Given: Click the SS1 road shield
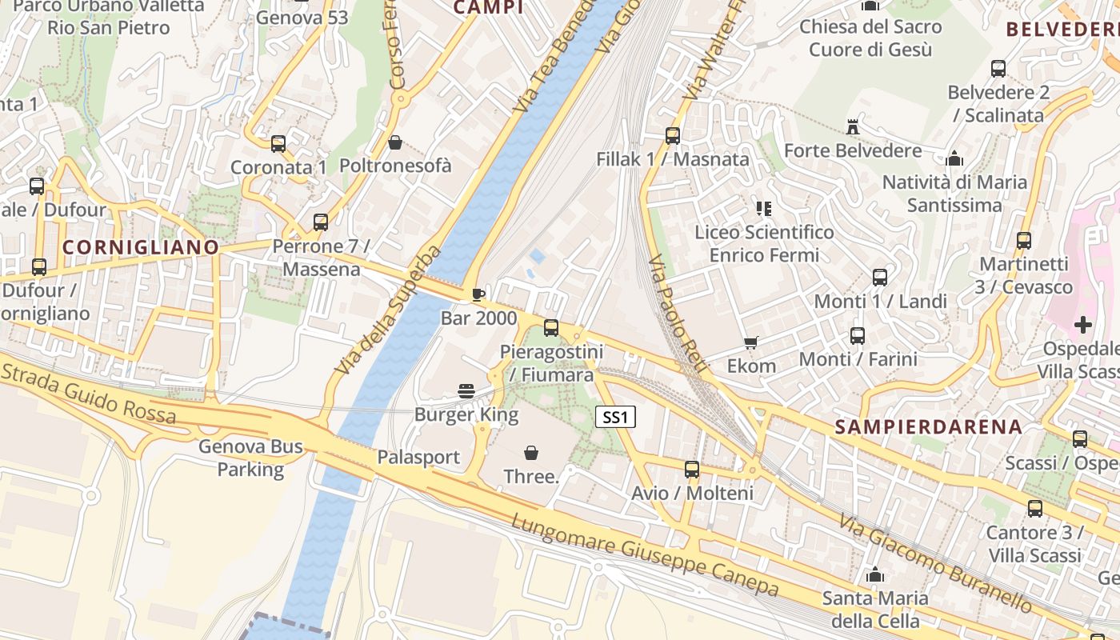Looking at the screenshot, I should [615, 417].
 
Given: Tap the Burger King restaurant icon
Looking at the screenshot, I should [466, 390].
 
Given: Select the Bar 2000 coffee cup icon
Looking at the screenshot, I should [478, 294].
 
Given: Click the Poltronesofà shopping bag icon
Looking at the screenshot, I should [394, 143].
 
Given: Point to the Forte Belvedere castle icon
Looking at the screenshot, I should [852, 127].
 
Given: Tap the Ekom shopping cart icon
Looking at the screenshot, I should [750, 343].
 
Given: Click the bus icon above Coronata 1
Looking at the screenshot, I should [278, 144].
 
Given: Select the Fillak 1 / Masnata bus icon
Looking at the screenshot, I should [672, 136].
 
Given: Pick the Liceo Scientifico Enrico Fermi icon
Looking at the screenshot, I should [764, 209].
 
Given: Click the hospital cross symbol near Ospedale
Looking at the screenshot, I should [1082, 325].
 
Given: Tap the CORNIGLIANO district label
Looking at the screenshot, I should [141, 247].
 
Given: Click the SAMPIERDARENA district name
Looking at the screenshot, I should [929, 426].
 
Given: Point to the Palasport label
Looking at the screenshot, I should [418, 458].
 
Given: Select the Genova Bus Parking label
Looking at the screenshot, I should [250, 458].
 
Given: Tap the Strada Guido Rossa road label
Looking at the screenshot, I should [88, 393].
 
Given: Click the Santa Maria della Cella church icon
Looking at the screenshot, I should [875, 575].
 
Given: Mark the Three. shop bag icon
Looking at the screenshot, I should [531, 453].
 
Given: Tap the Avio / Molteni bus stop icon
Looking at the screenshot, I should [692, 470].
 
